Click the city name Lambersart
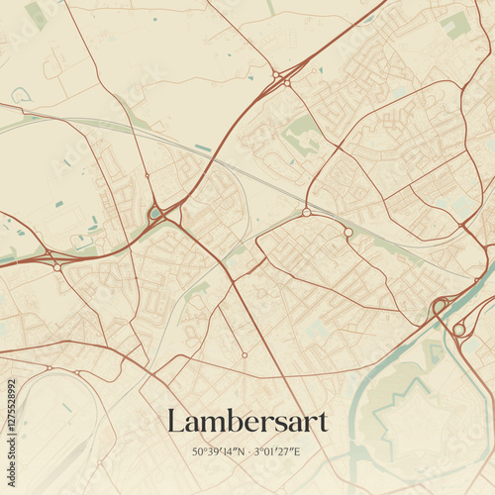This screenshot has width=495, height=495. point(247,422)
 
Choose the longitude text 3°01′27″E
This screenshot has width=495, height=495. point(277,452)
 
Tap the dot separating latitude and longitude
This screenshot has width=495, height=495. point(247,452)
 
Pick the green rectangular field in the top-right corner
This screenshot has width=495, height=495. point(454,25)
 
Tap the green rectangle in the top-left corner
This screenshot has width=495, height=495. point(36,14)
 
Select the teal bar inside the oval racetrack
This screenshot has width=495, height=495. point(66,407)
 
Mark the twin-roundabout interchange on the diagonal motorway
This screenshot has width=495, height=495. point(281,77)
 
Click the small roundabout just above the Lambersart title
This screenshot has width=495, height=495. point(244,355)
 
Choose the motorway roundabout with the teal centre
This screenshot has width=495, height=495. point(155,212)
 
